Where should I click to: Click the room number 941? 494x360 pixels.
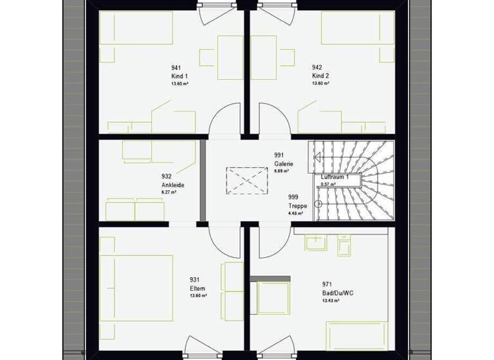176,67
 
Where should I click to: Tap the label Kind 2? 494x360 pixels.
321,75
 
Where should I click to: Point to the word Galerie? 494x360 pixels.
284,163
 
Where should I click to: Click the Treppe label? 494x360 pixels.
297,206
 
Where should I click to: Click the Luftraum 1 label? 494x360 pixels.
335,176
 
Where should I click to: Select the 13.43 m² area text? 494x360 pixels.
331,301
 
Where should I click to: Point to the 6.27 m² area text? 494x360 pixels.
170,192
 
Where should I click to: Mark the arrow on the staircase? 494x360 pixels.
316,156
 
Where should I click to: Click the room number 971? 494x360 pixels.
327,284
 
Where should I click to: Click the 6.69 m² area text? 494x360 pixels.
282,172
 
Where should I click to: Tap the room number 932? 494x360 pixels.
167,175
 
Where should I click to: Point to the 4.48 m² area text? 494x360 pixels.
295,213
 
